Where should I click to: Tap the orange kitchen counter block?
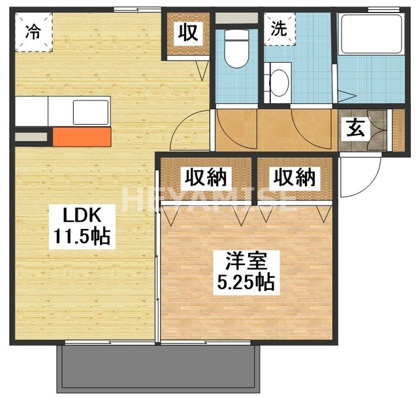pyautogui.click(x=82, y=136)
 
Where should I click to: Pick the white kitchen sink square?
pyautogui.click(x=90, y=112)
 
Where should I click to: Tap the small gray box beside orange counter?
pyautogui.click(x=31, y=137)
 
